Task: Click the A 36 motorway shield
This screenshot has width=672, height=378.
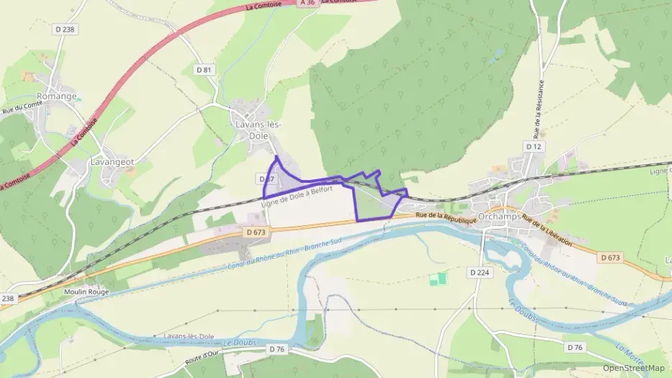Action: point(307,3)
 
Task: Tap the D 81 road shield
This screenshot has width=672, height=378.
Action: point(205,70)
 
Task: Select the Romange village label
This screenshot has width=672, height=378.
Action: point(57,96)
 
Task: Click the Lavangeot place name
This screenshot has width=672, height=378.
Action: point(113,162)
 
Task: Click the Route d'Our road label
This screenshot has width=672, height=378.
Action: point(202,356)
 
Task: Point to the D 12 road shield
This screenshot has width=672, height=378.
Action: point(533,146)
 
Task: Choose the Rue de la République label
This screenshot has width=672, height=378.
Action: point(446,217)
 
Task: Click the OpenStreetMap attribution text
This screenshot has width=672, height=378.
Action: point(634,368)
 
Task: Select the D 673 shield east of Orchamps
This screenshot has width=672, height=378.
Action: point(610,257)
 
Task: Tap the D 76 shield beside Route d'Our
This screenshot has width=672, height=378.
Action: point(277,349)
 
